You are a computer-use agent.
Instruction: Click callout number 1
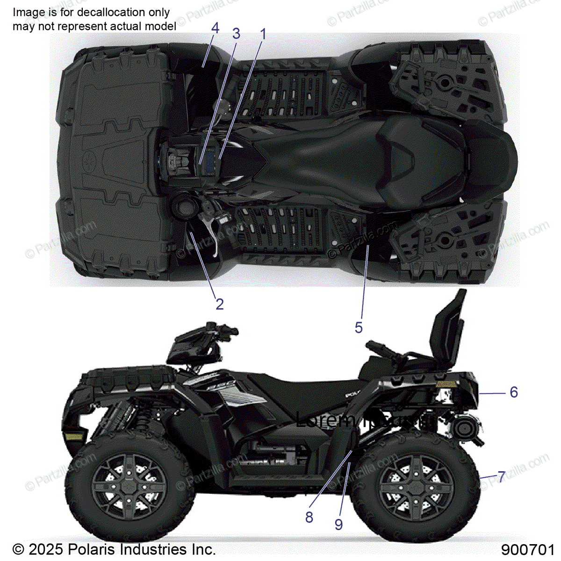coord(263,34)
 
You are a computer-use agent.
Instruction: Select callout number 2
coord(219,304)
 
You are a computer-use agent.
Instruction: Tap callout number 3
coord(236,34)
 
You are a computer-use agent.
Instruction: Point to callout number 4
coord(215,28)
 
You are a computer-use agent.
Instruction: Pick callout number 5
coord(359,328)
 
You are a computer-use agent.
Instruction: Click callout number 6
coord(514,392)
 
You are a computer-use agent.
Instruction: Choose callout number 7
coord(501,477)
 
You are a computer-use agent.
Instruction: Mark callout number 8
coord(309,518)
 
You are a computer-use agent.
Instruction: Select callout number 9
coord(339,525)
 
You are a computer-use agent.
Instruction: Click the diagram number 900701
coord(528,550)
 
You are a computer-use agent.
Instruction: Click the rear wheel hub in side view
coord(415,486)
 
